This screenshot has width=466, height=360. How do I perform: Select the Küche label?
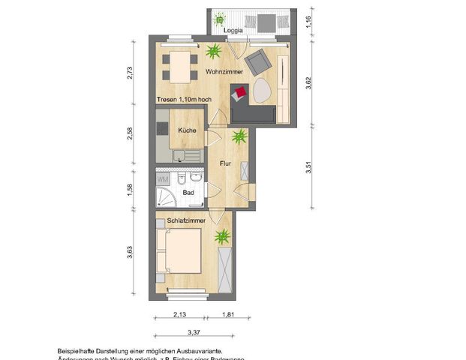187,130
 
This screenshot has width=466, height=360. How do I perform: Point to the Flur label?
225,162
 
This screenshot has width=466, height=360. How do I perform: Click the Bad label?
188,193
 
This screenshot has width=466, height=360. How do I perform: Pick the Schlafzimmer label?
187,221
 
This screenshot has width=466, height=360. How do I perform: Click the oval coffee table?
263,91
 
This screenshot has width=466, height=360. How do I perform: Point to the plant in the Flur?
239,137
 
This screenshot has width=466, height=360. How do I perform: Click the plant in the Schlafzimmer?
222,238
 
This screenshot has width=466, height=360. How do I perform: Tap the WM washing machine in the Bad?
163,178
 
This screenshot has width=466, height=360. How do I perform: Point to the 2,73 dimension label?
129,73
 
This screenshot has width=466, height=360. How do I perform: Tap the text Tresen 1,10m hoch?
185,99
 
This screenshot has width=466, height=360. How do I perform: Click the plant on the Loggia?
220,19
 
